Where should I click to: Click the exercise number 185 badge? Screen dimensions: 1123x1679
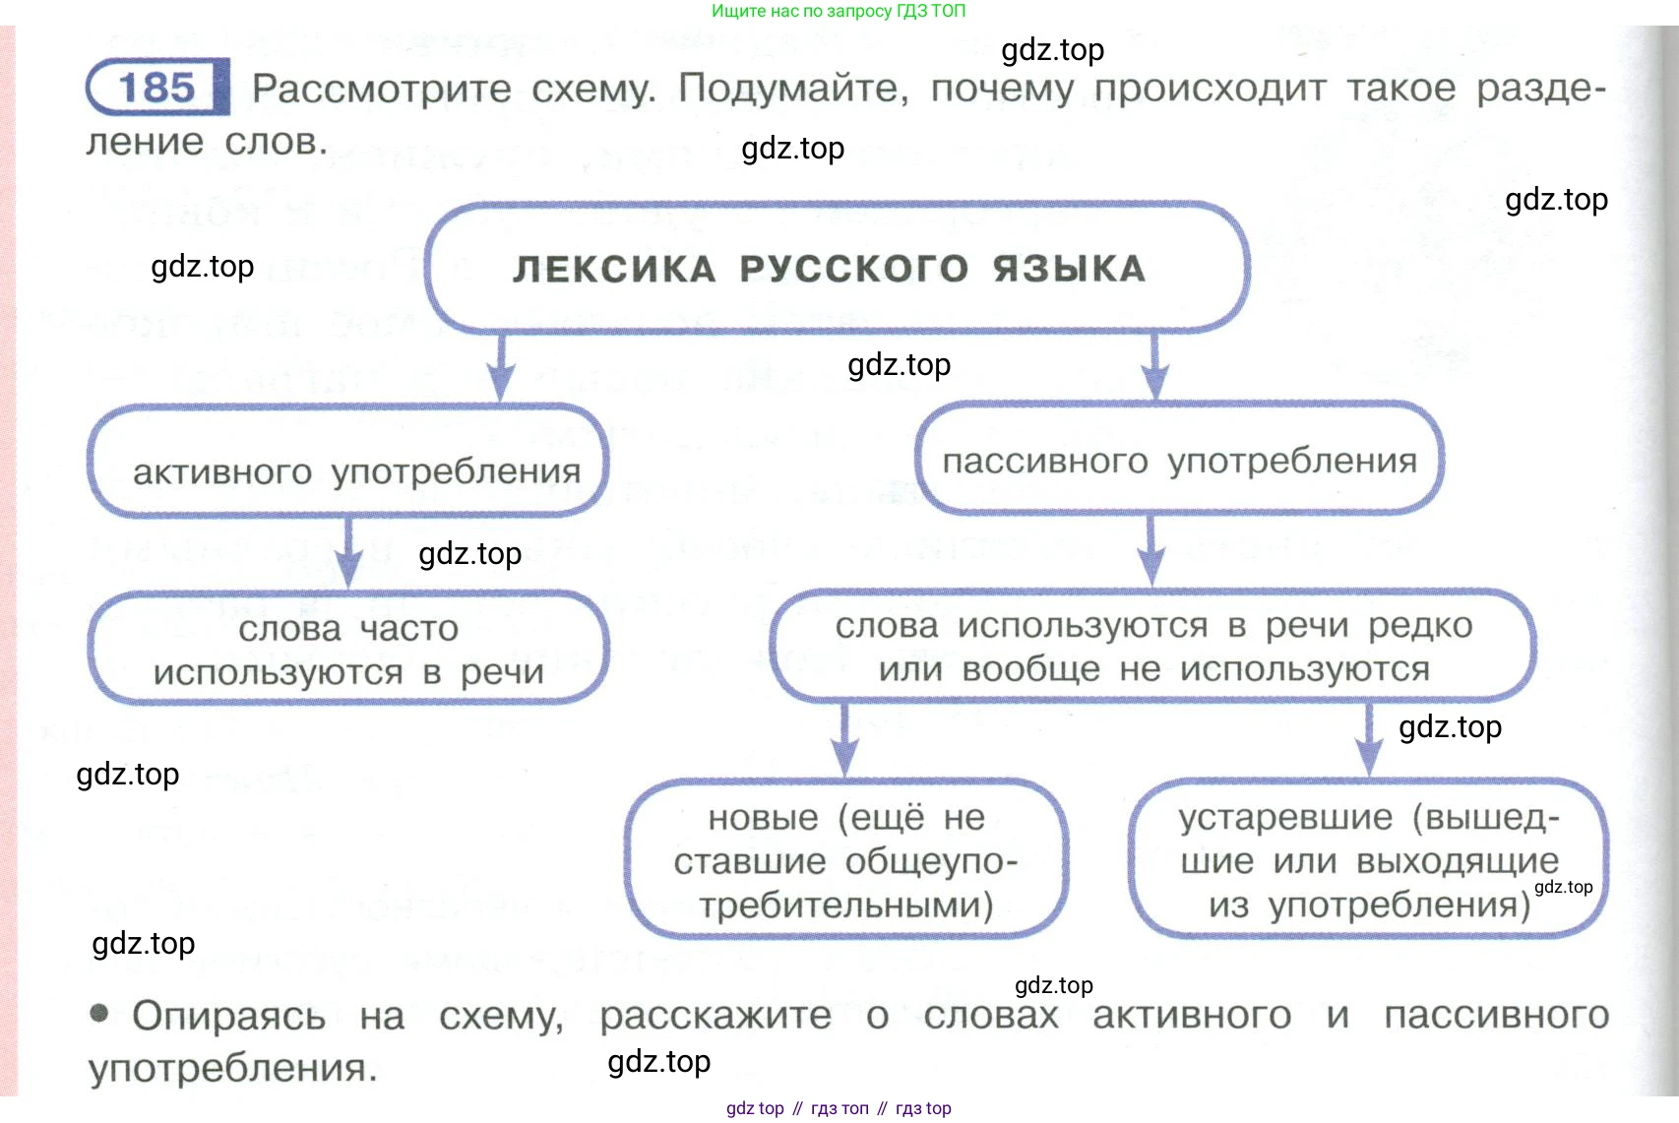click(x=157, y=88)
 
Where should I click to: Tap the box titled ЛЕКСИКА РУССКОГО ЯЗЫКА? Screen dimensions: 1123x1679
click(x=837, y=268)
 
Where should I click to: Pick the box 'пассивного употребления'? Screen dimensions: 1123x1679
click(x=1179, y=460)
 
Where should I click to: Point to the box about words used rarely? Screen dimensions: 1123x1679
click(x=1153, y=647)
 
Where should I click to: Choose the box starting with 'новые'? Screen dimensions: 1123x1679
click(x=845, y=859)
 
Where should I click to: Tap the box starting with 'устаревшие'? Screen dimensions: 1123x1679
click(x=1368, y=859)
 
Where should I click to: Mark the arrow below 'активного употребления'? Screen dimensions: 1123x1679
click(x=348, y=553)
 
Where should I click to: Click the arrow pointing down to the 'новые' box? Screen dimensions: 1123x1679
click(x=844, y=740)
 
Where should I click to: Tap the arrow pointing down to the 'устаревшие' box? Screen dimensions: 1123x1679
click(x=1368, y=740)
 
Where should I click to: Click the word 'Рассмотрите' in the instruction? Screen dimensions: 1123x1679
click(x=382, y=89)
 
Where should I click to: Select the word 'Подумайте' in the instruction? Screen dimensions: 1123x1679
click(x=792, y=89)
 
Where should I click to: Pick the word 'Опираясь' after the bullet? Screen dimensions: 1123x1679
click(x=228, y=1016)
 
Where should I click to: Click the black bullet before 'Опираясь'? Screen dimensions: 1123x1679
click(x=99, y=1013)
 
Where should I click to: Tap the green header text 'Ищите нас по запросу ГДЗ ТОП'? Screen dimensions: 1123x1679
click(x=839, y=11)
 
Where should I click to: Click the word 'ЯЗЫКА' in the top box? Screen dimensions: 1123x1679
click(x=1069, y=269)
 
